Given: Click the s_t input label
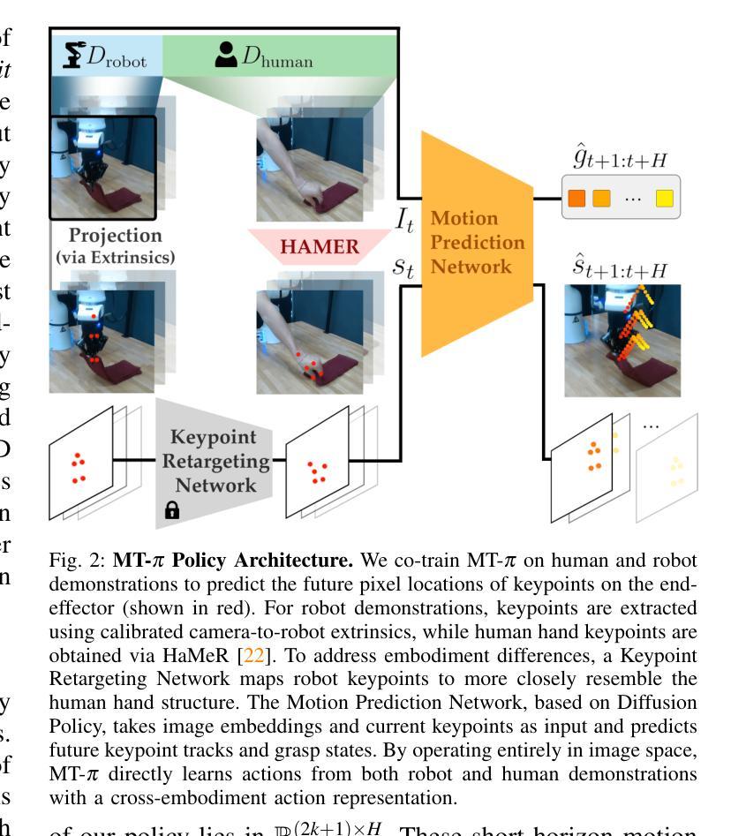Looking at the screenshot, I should [x=403, y=267].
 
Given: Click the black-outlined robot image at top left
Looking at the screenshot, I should [x=102, y=168].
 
